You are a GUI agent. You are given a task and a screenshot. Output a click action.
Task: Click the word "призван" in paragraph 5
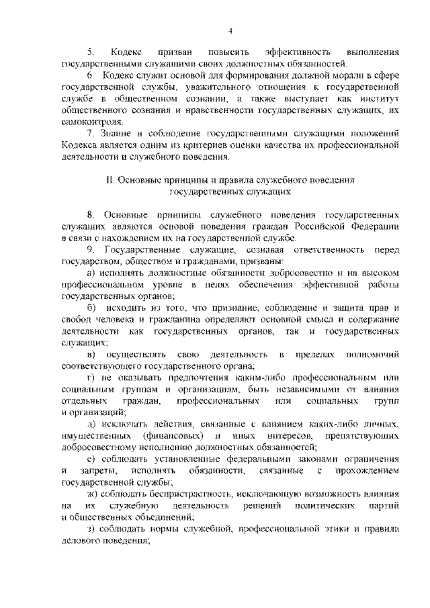click(x=172, y=52)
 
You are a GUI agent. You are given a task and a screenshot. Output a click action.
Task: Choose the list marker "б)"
click(x=92, y=309)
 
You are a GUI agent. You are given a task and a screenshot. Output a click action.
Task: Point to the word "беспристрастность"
click(x=181, y=495)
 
